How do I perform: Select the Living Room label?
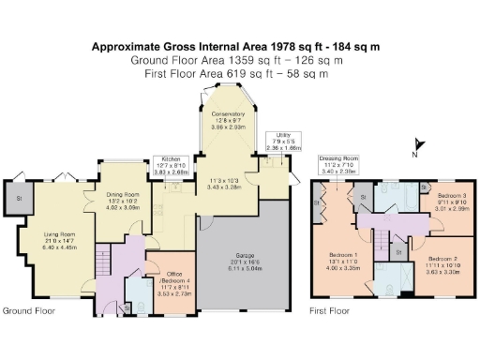click(x=60, y=242)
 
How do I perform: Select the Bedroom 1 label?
click(x=343, y=260)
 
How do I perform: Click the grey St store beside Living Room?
click(x=16, y=199)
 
